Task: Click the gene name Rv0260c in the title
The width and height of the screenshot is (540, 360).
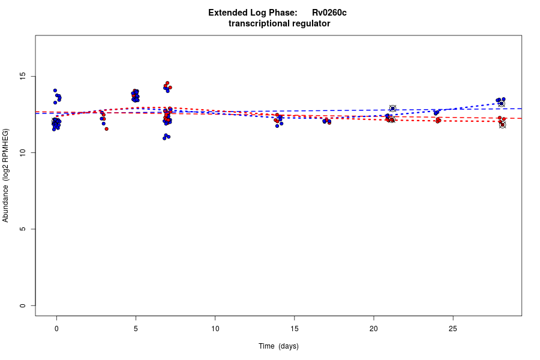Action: (329, 13)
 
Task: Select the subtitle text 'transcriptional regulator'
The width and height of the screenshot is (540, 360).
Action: (279, 23)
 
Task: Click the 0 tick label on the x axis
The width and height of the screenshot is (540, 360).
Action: (56, 329)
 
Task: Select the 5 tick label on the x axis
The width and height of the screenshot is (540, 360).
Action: (136, 329)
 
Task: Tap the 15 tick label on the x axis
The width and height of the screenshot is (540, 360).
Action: (294, 329)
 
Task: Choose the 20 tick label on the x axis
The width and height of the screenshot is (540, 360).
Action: (373, 329)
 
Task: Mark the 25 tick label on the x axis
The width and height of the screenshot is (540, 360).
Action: (452, 329)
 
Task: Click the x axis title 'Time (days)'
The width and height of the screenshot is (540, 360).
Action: (278, 346)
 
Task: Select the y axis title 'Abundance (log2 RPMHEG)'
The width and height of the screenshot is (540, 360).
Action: (6, 175)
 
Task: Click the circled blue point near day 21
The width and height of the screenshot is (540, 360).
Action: (392, 109)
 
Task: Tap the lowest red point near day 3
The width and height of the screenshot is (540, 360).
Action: (106, 128)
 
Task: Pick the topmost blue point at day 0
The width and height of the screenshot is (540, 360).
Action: (55, 91)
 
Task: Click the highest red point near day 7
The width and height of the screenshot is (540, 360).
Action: (167, 83)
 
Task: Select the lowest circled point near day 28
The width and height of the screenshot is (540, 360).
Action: (503, 125)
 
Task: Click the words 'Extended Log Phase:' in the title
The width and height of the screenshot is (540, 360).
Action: (253, 13)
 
